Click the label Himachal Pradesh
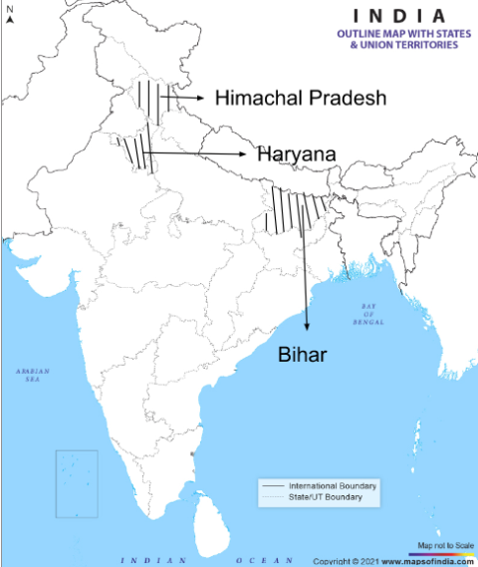coord(300,98)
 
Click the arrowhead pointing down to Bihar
coord(307,325)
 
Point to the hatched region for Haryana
coord(136,151)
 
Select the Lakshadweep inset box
coord(77,483)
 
